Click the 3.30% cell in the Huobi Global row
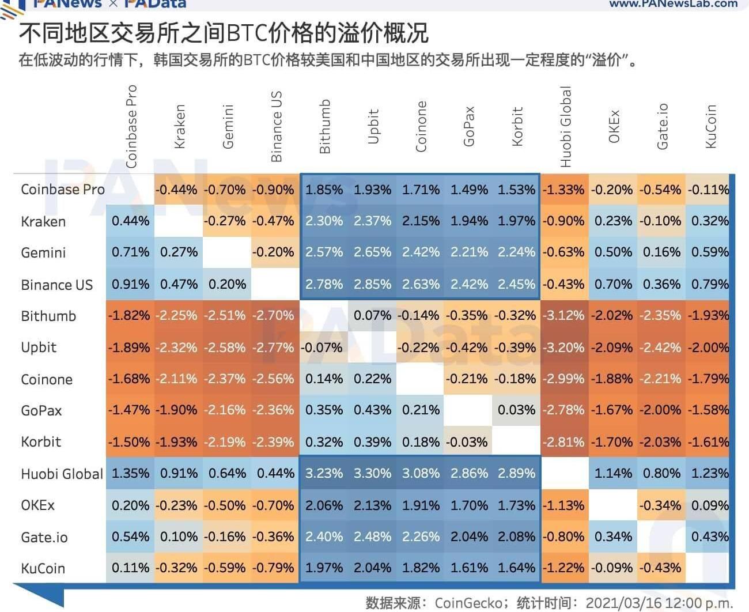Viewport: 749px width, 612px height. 372,474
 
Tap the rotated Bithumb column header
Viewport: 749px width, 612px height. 325,126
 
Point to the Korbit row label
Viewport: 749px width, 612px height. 41,442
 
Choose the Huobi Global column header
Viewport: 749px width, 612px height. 566,127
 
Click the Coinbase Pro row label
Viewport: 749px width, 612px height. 62,190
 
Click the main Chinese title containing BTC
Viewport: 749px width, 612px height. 224,33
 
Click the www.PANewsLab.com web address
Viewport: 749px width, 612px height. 673,4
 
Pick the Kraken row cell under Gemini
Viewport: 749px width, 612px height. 227,221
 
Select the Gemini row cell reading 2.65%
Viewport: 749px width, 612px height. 372,252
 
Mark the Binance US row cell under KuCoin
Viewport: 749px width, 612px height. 710,285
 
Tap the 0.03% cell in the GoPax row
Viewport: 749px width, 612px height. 516,410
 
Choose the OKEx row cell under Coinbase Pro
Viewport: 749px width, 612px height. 130,505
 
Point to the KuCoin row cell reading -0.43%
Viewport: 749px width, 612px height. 661,568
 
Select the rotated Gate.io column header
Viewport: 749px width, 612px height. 663,127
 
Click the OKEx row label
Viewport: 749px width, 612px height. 37,505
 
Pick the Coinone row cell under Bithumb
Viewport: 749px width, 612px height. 324,379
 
